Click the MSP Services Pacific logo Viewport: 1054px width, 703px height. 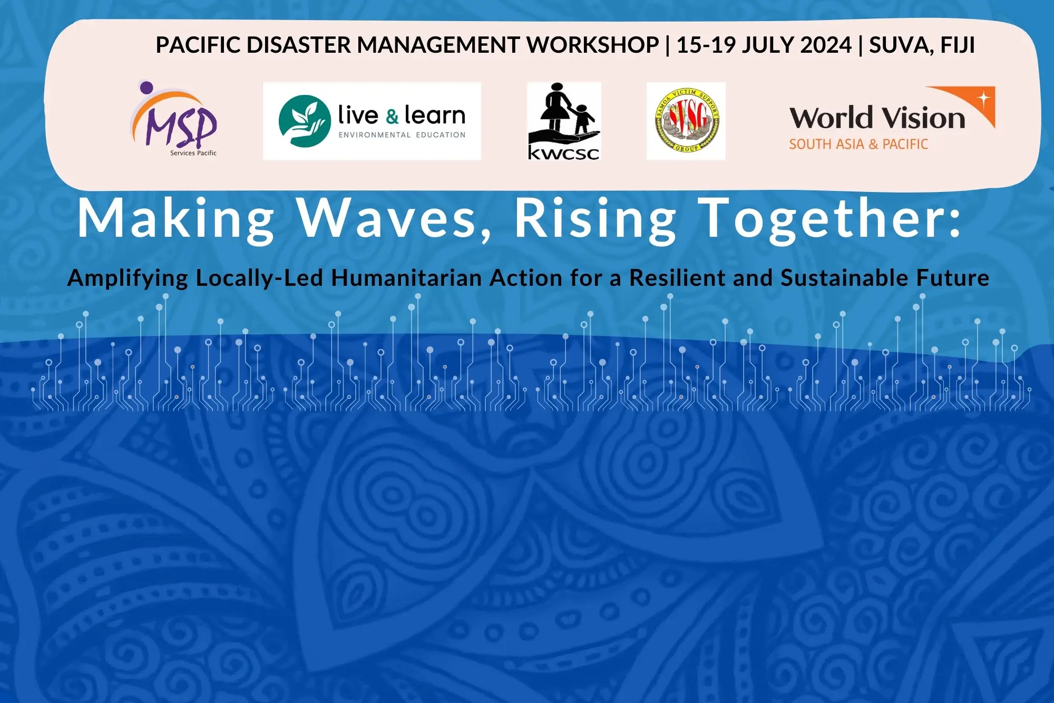pos(174,119)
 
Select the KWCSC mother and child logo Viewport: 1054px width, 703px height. pos(564,121)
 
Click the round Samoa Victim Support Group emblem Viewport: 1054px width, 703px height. pos(686,121)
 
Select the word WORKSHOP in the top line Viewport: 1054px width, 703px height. pos(593,45)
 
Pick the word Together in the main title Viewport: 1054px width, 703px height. pos(831,218)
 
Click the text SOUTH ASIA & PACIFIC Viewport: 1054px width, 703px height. pos(858,144)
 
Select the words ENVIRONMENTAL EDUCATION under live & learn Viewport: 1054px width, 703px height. pos(402,135)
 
